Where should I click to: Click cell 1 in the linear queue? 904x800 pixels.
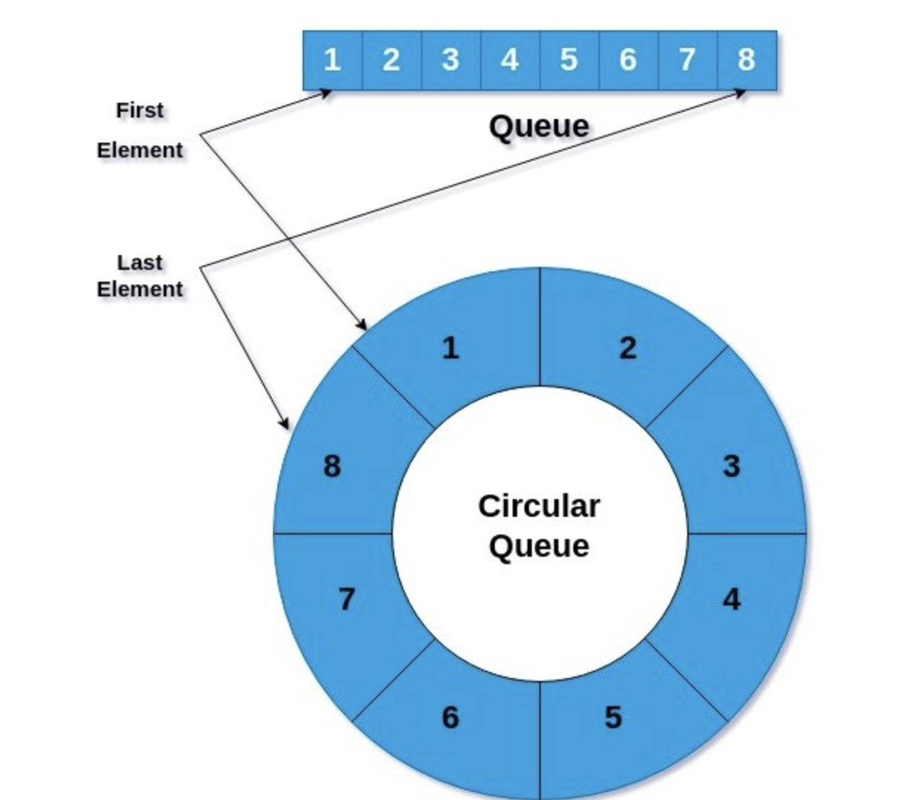332,60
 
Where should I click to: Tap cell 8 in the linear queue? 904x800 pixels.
746,60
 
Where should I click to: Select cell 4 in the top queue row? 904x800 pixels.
510,60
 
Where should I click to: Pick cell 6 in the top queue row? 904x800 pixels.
628,60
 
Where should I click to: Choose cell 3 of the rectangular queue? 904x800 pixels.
451,60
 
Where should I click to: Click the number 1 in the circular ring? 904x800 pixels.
450,348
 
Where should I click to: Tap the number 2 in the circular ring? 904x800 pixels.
628,348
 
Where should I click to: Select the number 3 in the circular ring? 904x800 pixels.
731,467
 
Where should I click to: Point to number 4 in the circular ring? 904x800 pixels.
731,599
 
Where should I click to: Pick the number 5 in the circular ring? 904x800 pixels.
613,717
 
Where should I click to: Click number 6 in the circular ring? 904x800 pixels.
450,717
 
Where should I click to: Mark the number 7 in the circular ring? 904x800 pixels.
346,599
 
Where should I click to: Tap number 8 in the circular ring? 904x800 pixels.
332,467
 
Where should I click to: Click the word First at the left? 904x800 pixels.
139,110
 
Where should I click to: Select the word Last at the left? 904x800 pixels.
139,262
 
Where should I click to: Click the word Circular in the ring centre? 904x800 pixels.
539,506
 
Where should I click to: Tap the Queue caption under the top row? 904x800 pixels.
539,126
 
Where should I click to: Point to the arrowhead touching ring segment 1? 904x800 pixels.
362,325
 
